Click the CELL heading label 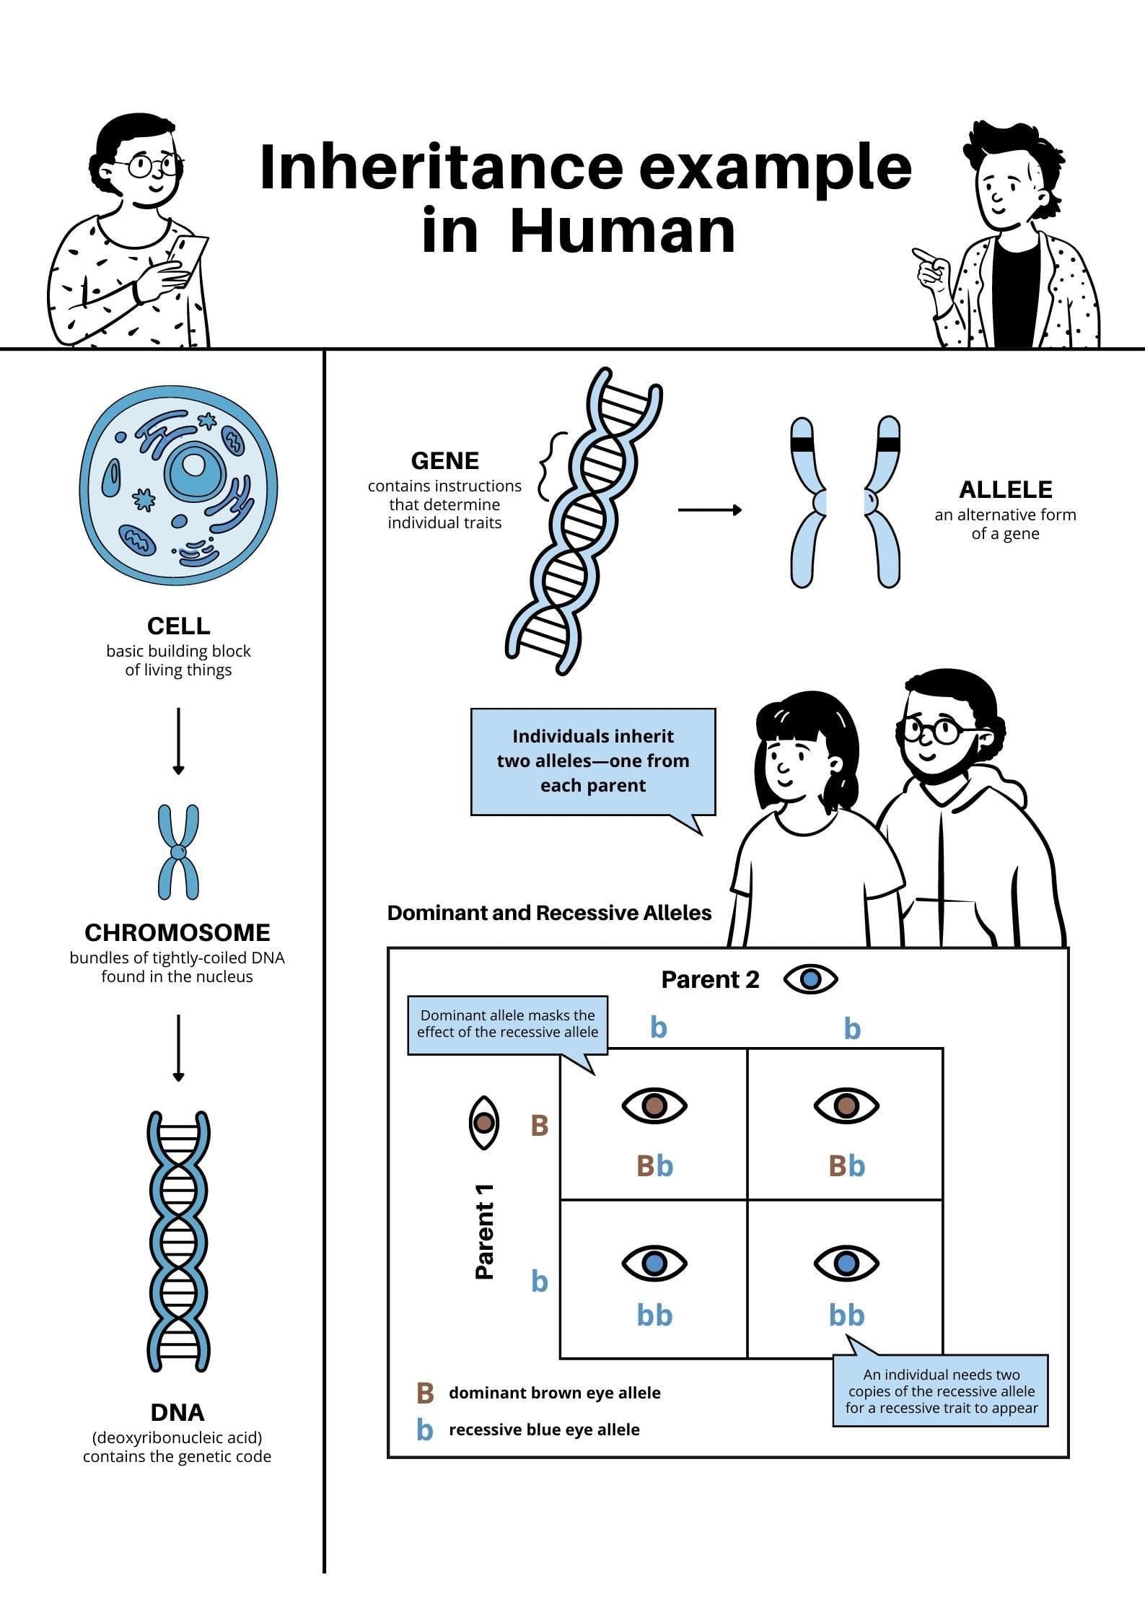point(178,625)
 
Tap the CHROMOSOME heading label point(177,932)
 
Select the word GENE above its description point(444,460)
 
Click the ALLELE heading point(1005,490)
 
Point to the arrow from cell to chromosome point(178,740)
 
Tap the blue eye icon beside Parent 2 point(811,979)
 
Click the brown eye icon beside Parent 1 point(483,1124)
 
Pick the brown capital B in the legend point(425,1393)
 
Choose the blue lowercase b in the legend point(425,1429)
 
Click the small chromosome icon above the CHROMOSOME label point(178,852)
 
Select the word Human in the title point(623,231)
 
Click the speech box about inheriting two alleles point(593,761)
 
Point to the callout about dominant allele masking point(507,1024)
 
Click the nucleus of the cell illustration point(193,468)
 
